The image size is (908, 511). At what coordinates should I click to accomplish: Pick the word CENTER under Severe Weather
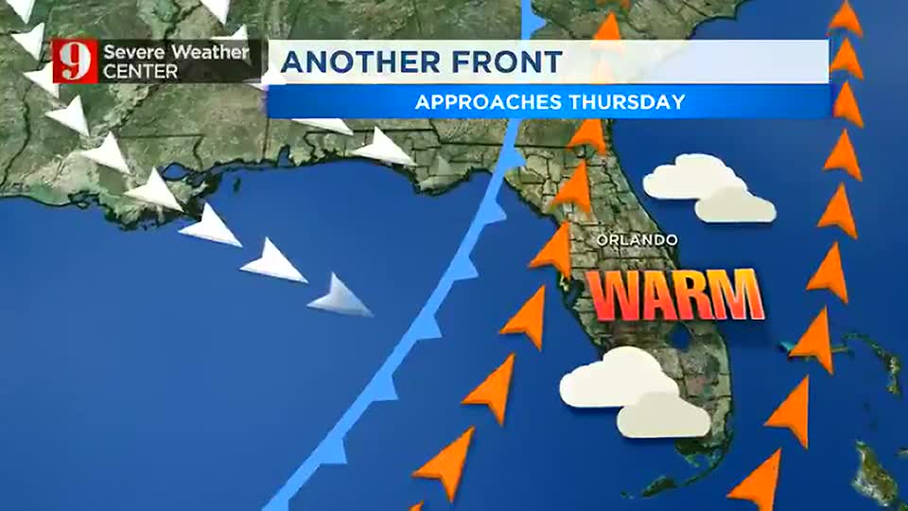[140, 71]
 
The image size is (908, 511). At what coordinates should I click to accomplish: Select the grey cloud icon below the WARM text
[663, 414]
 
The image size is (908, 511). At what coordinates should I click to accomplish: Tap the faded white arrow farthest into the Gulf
[340, 295]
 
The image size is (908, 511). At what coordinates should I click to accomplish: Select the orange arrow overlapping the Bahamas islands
[812, 341]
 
